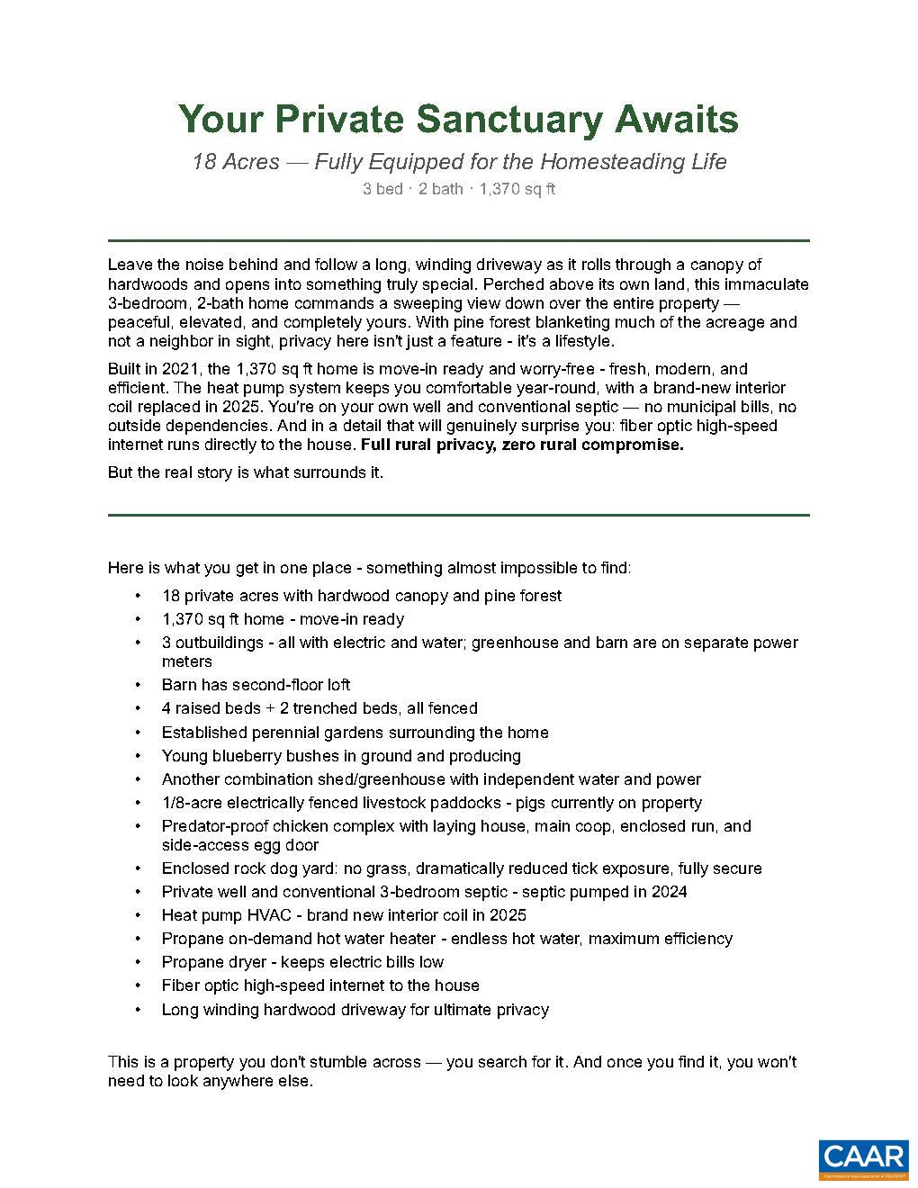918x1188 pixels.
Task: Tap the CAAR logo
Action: [x=862, y=1159]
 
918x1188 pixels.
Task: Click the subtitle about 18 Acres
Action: [x=459, y=162]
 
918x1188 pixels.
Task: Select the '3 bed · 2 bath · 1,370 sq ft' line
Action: [x=459, y=189]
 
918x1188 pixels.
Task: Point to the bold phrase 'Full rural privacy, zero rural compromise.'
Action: [x=522, y=445]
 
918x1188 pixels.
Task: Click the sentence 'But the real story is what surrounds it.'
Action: [x=246, y=472]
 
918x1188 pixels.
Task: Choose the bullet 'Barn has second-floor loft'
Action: [x=256, y=685]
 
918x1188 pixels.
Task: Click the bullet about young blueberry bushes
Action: [x=341, y=756]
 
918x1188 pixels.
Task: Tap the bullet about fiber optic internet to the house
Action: [x=320, y=985]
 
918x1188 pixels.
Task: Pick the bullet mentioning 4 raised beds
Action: [x=319, y=708]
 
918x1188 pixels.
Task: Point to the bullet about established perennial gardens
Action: [x=355, y=733]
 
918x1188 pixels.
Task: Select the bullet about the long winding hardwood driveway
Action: [x=355, y=1010]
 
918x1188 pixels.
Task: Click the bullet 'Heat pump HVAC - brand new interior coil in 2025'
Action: [x=344, y=915]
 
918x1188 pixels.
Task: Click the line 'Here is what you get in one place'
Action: [x=369, y=568]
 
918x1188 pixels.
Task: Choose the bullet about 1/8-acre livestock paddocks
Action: [x=431, y=803]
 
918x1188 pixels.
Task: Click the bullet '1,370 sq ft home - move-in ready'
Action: [x=283, y=619]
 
